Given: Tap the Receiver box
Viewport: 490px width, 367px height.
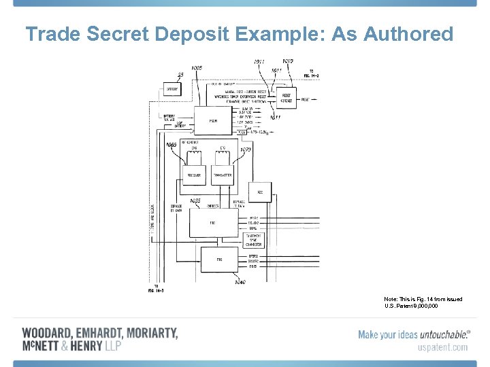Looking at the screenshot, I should (194, 175).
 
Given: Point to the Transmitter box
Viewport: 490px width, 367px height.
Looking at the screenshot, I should (222, 175).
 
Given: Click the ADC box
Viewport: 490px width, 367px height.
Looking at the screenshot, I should (260, 192).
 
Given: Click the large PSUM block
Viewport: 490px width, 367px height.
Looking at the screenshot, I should (213, 120).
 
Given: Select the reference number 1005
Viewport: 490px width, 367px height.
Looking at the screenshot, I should (197, 68).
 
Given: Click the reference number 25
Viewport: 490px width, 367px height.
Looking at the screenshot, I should (180, 75).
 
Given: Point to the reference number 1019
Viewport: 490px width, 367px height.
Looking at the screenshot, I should (287, 61).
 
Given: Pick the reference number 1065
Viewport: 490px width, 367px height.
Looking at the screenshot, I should (171, 144).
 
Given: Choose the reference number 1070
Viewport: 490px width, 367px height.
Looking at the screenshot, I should (246, 149).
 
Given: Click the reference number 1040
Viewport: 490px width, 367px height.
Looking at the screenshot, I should (240, 282).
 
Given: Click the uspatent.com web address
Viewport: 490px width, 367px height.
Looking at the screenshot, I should (442, 347).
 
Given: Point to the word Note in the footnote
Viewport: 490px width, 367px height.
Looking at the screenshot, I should (391, 299).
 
